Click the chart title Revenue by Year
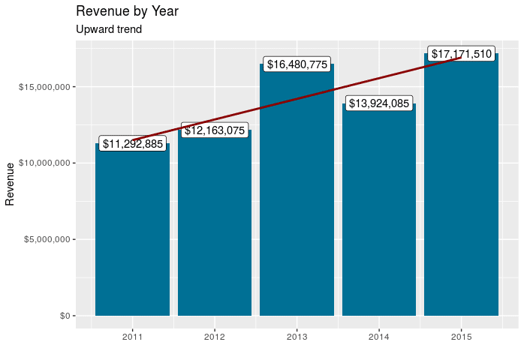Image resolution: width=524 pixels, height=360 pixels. point(127,11)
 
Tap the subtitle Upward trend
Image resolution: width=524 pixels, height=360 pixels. point(109,30)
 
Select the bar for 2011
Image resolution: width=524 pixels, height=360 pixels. point(132,232)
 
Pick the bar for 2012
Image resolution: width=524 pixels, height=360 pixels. point(215,225)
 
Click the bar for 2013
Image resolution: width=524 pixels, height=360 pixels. point(297,195)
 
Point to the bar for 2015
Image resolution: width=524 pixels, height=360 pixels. point(461,187)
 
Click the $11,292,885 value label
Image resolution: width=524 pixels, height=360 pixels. point(132,144)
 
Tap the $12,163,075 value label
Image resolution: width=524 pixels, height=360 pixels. point(215,130)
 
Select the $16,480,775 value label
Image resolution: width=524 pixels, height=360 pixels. point(297,64)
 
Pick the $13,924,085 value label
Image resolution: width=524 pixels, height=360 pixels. point(379,103)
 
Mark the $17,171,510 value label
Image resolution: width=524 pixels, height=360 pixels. point(461,54)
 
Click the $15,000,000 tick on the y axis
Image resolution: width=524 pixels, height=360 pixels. point(44,87)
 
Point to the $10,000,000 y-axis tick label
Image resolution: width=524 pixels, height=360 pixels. point(44,163)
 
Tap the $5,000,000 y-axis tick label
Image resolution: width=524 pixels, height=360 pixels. point(47,240)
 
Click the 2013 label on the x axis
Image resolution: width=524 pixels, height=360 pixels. point(297,337)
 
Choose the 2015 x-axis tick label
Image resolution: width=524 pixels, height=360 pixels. point(461,337)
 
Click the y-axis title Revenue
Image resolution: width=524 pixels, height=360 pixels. point(10,184)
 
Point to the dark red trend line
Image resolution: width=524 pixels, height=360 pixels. point(338,83)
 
